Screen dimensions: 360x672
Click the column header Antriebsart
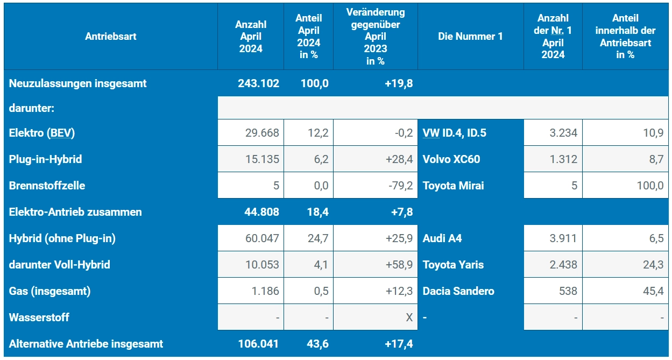(110, 37)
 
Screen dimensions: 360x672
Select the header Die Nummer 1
(470, 37)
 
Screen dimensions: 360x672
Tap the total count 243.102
(258, 83)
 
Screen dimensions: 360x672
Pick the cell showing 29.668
(262, 132)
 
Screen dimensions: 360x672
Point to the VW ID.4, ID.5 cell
(454, 132)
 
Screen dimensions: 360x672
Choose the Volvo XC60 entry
(451, 159)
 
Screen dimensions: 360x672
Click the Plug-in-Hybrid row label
(45, 159)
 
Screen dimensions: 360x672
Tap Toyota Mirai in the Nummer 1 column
(453, 186)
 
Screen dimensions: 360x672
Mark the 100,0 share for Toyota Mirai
(649, 186)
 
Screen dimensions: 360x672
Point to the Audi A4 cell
(442, 238)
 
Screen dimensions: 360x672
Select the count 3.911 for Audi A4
(563, 238)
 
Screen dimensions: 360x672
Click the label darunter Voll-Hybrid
(59, 265)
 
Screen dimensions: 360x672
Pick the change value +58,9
(398, 265)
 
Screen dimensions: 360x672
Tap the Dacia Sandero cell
(458, 291)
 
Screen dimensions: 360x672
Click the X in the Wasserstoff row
(409, 317)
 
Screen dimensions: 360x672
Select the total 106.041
(258, 344)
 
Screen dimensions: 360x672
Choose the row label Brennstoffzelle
(47, 186)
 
